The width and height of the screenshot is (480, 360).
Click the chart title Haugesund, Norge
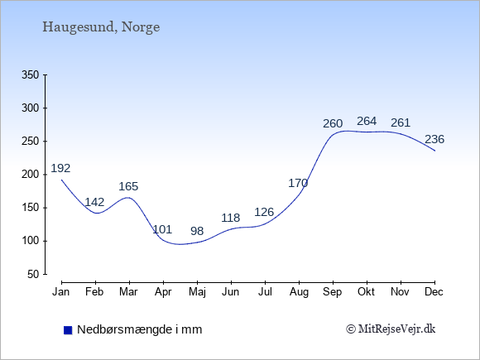[101, 27]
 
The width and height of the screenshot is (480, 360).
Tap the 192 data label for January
[60, 168]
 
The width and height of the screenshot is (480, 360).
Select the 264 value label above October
[367, 121]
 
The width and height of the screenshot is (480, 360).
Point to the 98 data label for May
[197, 231]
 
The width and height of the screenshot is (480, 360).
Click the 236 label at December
[434, 139]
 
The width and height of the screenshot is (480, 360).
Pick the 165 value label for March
[128, 186]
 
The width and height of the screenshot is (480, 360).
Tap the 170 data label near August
[298, 183]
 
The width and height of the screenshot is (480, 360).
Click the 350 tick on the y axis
[31, 74]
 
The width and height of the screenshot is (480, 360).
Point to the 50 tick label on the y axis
[33, 274]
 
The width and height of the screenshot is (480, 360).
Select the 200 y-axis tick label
[31, 175]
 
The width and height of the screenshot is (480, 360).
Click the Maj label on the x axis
[197, 292]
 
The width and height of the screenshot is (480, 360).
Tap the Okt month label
[366, 292]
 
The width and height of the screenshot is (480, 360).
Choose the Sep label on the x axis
[333, 292]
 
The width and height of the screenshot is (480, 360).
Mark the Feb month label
[94, 292]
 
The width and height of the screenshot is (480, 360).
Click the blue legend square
[68, 330]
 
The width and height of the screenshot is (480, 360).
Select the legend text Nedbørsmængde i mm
[140, 329]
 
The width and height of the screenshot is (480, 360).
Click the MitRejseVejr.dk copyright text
[391, 329]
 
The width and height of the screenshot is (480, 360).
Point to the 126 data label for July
[264, 212]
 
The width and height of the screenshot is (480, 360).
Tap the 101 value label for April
[162, 229]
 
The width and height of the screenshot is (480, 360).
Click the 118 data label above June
[231, 218]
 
